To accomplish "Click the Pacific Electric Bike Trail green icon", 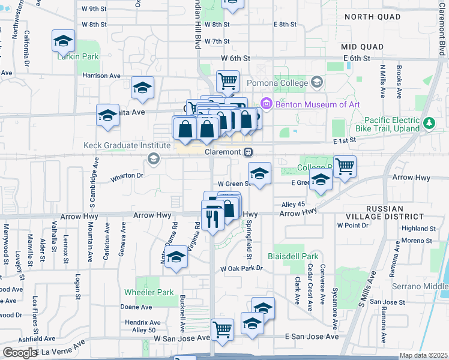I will (429, 124).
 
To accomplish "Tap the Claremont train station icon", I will (247, 152).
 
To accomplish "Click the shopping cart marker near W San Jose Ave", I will (223, 329).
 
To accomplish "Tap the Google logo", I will (19, 353).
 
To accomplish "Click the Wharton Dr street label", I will (127, 176).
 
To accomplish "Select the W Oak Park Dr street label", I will (242, 268).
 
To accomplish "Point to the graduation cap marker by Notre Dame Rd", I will (176, 257).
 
